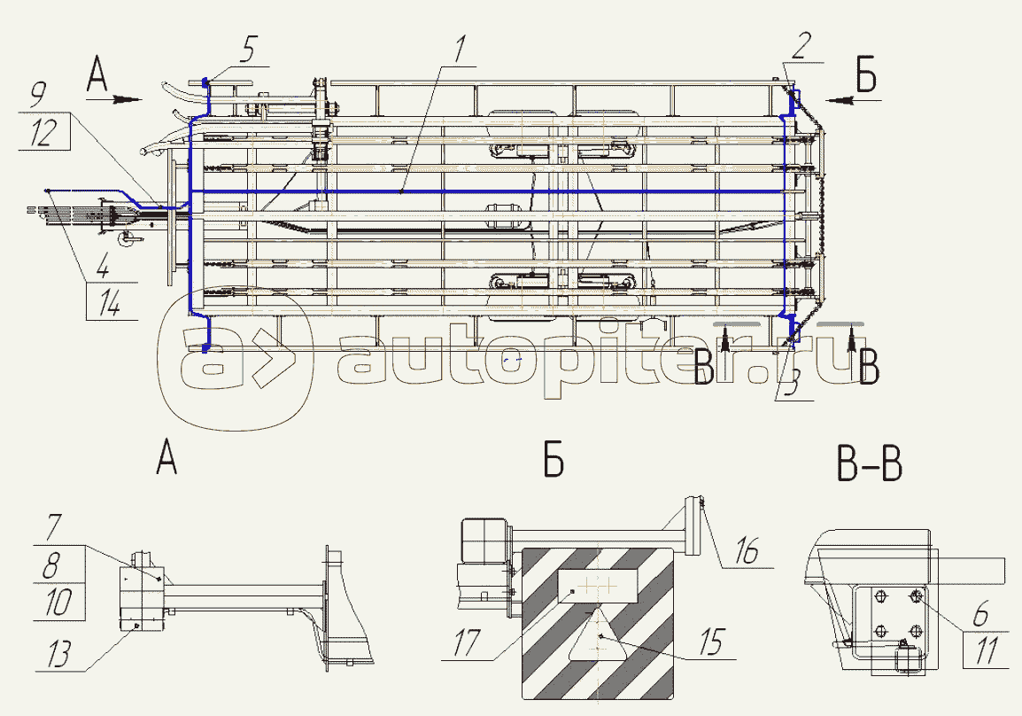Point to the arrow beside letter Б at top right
838,100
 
